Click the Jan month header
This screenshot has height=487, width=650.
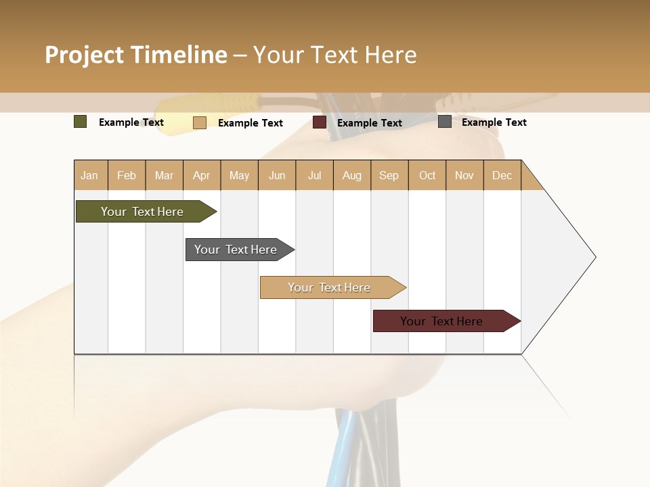click(x=89, y=175)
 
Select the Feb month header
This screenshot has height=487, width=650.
click(x=127, y=175)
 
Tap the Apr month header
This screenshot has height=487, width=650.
click(x=202, y=175)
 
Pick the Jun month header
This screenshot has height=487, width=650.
click(x=277, y=175)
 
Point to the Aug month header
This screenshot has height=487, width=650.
click(x=352, y=175)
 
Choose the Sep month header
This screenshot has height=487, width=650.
click(x=389, y=175)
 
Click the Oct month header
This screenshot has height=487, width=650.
click(x=427, y=175)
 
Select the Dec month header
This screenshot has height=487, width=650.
click(x=502, y=175)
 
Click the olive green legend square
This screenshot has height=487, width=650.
click(x=81, y=122)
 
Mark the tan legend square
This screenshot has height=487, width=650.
click(x=200, y=122)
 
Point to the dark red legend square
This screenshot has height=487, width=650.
click(x=320, y=122)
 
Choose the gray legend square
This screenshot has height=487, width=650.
click(x=445, y=122)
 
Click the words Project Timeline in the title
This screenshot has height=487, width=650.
click(x=135, y=55)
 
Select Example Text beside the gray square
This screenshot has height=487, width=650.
click(x=494, y=122)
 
